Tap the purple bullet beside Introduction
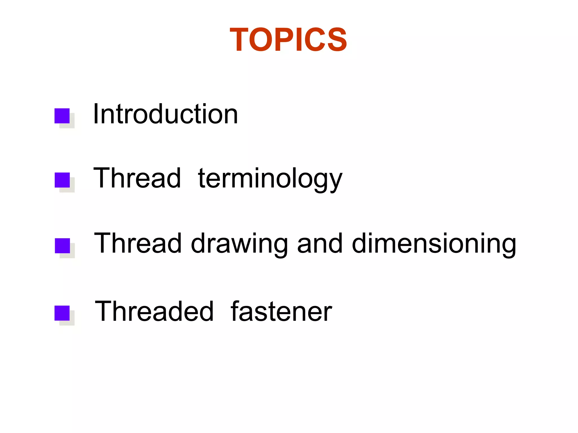coord(62,116)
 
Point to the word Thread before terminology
coord(137,178)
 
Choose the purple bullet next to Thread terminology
coord(62,180)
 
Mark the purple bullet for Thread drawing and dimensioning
coord(62,246)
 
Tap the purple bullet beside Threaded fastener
coord(62,313)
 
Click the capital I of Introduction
coord(96,114)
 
